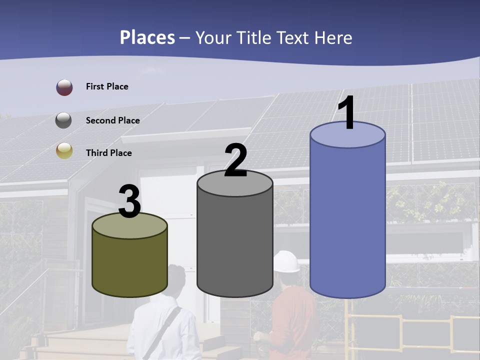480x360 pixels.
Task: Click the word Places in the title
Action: pyautogui.click(x=147, y=37)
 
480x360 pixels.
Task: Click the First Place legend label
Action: pyautogui.click(x=107, y=86)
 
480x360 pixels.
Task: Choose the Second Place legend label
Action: pyautogui.click(x=112, y=120)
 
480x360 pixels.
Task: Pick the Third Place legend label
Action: pyautogui.click(x=108, y=153)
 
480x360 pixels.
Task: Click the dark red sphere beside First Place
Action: pyautogui.click(x=64, y=87)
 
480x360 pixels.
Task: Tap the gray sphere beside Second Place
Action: pyautogui.click(x=63, y=120)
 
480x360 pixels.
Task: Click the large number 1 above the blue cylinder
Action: pyautogui.click(x=346, y=113)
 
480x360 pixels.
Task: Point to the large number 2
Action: pyautogui.click(x=236, y=160)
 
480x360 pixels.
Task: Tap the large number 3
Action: pyautogui.click(x=130, y=202)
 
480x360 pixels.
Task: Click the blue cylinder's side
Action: pyautogui.click(x=347, y=220)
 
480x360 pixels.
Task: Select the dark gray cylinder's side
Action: pyautogui.click(x=234, y=240)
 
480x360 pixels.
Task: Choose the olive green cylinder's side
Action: pyautogui.click(x=129, y=265)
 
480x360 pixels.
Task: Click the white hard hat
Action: pyautogui.click(x=286, y=261)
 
